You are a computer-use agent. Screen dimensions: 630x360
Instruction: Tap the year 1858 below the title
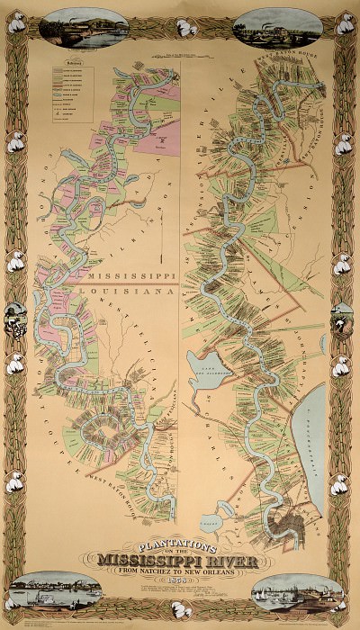pos(180,576)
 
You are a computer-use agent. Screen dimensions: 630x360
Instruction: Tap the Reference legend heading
pos(61,66)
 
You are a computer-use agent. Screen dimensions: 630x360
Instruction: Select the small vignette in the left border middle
pos(13,315)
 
